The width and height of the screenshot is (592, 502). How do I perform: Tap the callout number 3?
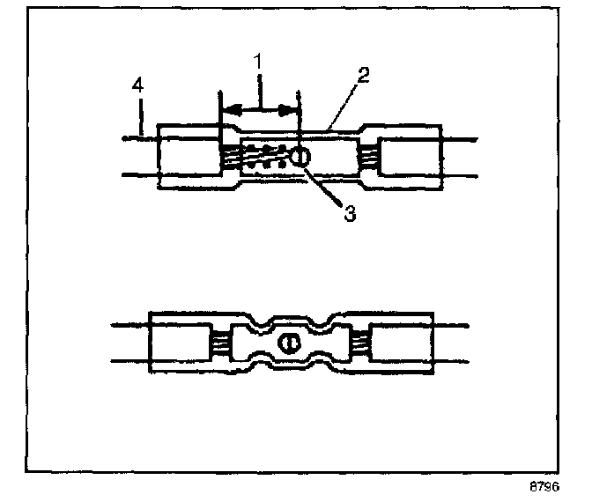click(350, 214)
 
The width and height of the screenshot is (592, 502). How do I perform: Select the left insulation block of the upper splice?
click(188, 157)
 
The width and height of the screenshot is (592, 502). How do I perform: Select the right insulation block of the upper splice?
click(408, 157)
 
